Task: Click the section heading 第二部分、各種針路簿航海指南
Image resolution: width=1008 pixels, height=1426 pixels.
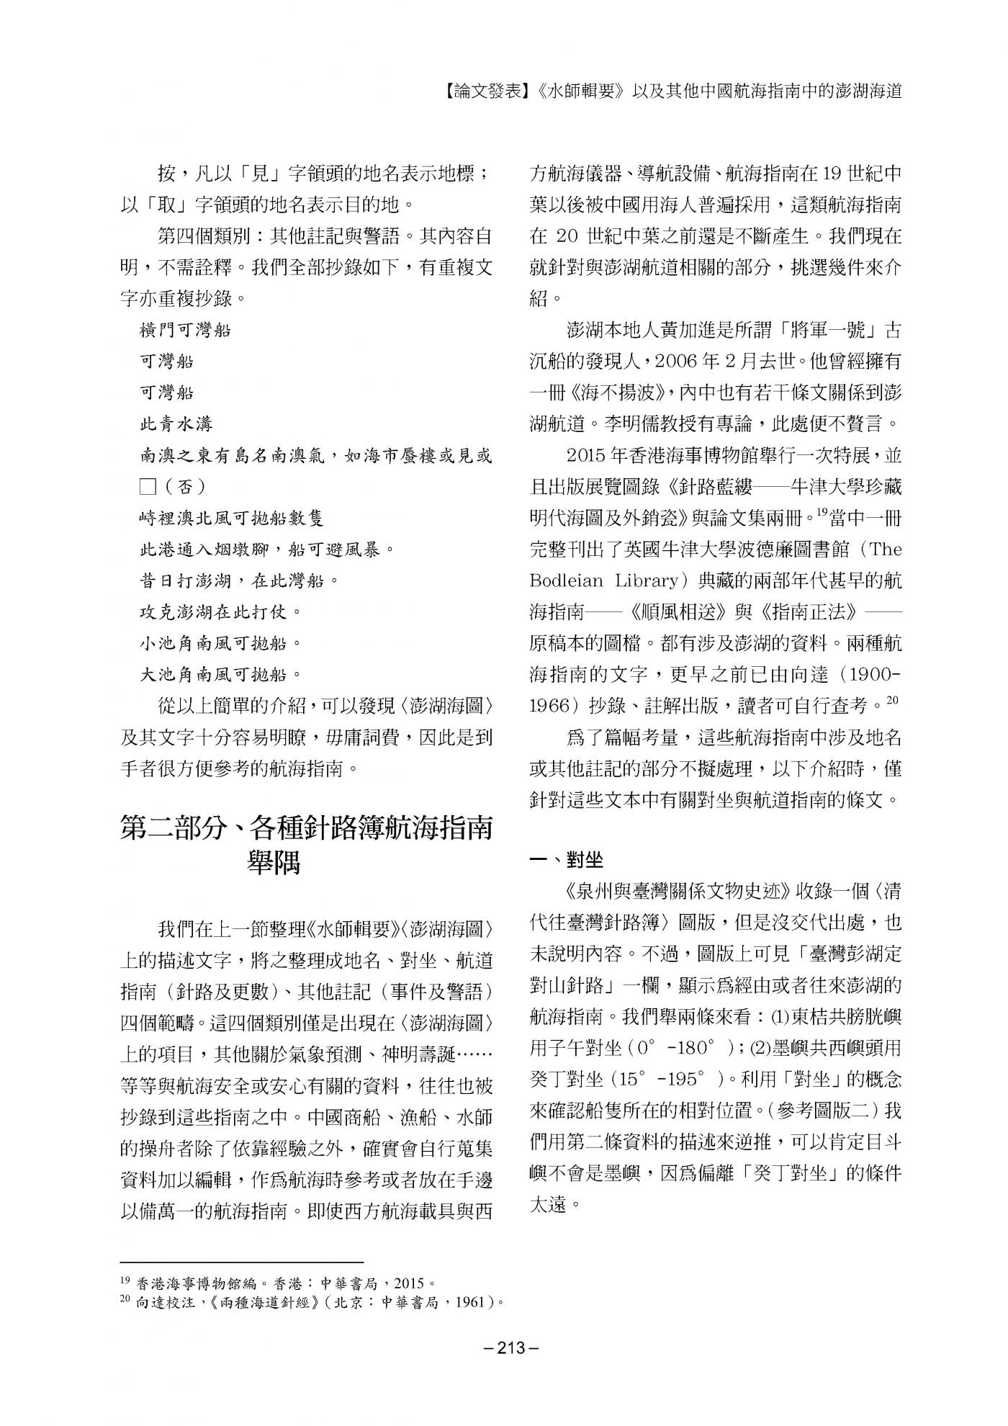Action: coord(306,828)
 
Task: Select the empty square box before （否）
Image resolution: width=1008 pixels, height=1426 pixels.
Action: coord(148,487)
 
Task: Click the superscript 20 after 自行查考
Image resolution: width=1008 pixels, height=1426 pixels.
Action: coord(893,699)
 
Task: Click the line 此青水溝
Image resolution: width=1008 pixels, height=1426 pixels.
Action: coord(176,424)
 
